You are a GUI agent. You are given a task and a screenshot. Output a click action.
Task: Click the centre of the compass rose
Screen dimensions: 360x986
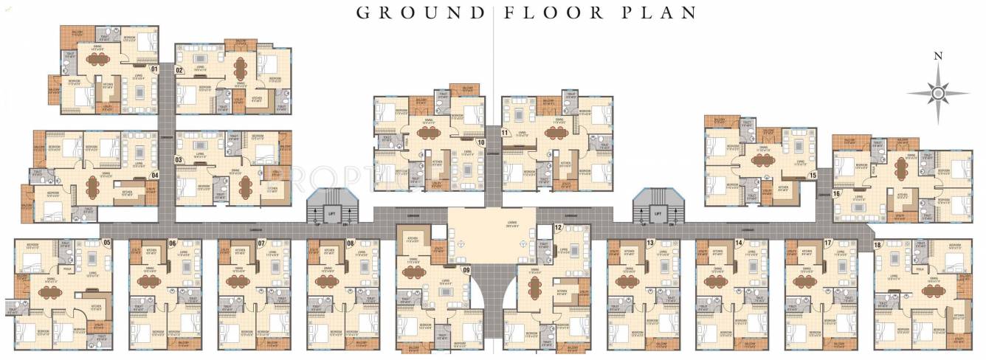938,93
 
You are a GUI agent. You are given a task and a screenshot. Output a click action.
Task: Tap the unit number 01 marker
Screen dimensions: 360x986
154,69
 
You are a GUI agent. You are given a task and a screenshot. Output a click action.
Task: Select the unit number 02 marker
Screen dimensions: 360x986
179,69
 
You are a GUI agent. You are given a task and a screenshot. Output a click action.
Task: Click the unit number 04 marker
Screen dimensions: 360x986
154,175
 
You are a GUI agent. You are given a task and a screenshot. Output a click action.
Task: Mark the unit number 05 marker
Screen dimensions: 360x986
106,243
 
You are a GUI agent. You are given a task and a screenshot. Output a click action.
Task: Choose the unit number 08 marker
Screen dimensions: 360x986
350,243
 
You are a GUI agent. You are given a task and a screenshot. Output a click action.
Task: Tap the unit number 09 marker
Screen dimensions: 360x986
466,270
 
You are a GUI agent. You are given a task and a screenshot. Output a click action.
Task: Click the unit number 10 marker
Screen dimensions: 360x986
480,142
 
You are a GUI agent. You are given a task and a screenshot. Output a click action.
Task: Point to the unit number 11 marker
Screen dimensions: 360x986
506,133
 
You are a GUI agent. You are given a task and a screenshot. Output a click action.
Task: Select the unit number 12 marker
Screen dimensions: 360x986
558,228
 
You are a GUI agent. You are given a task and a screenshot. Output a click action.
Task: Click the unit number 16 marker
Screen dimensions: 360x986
836,193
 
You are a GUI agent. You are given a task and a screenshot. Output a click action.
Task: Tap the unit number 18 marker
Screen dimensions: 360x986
878,244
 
